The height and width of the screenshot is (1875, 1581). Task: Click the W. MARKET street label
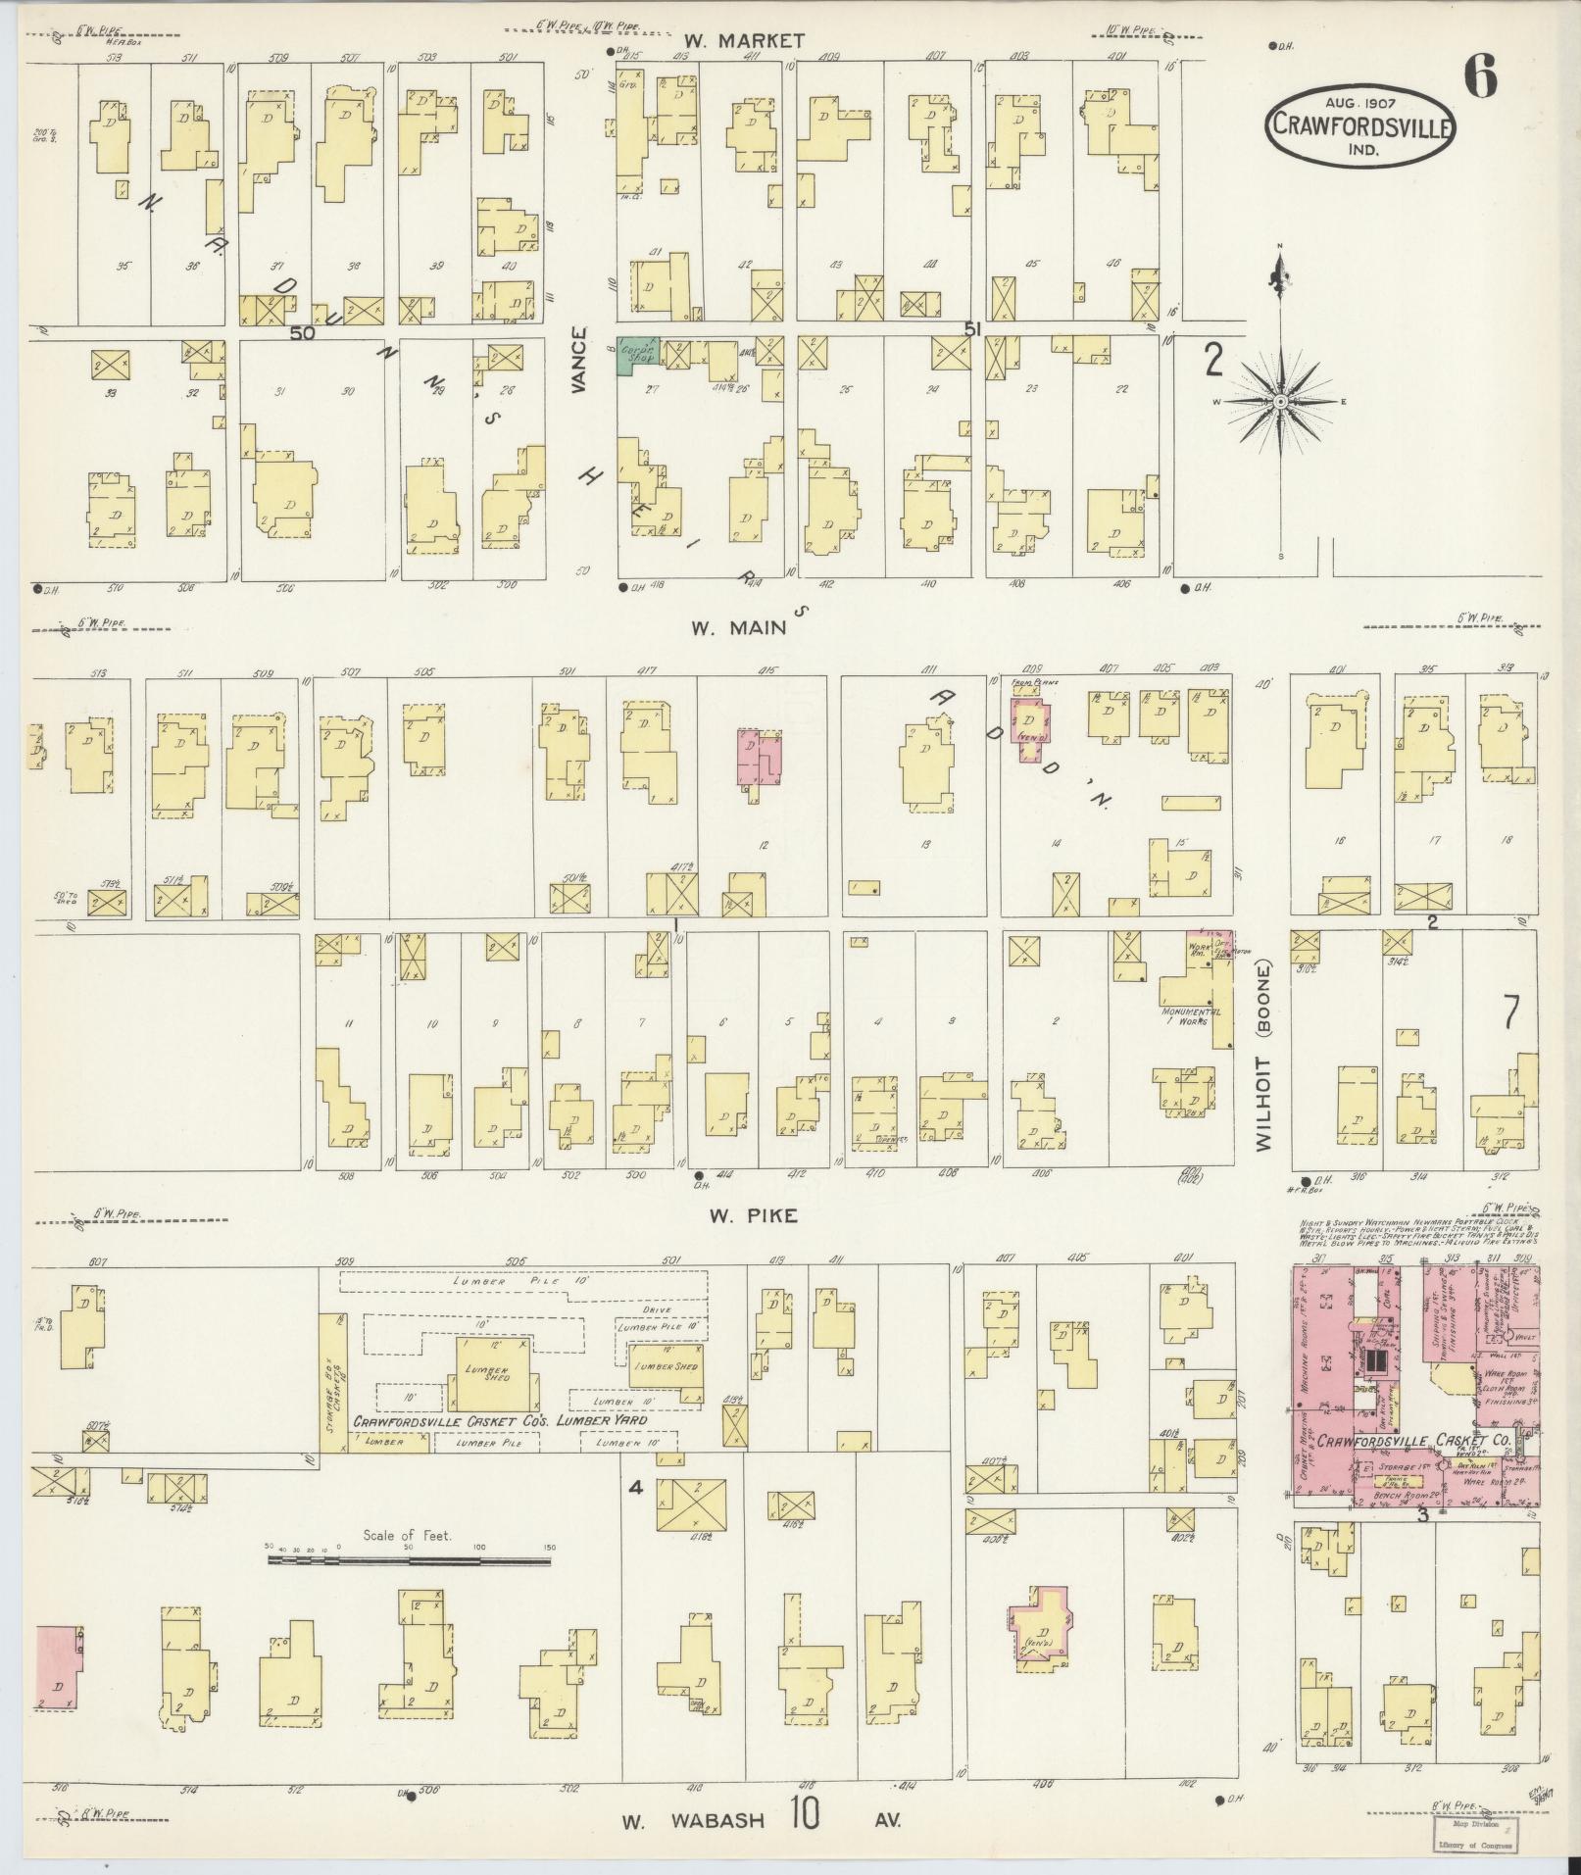744,40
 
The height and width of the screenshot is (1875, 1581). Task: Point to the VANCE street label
579,361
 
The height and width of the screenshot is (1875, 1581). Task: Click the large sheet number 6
1481,76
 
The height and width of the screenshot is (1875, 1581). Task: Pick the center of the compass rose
1280,403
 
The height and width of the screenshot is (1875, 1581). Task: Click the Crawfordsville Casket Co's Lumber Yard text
499,1420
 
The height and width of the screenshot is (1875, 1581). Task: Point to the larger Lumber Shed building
494,1374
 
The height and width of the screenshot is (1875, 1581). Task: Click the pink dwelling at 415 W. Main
760,759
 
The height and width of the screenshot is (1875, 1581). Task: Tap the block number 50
302,333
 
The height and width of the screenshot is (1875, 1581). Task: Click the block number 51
971,330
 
